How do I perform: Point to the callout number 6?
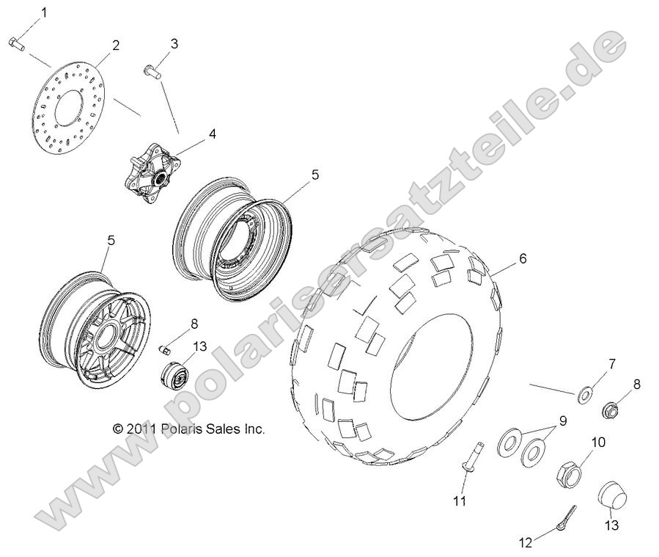(523, 258)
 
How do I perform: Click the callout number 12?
(523, 543)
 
